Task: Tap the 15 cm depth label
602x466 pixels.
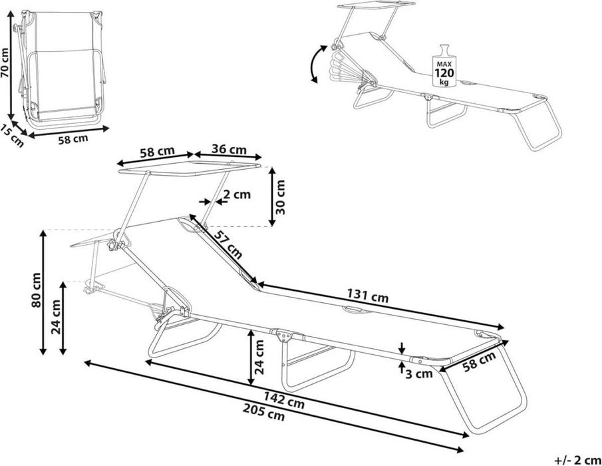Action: tap(12, 136)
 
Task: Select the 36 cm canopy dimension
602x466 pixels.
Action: tap(229, 149)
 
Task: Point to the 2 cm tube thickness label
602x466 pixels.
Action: tap(237, 194)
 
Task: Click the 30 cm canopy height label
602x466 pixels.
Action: tap(281, 197)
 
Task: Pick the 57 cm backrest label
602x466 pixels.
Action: tap(228, 244)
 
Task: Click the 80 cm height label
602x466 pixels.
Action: tap(37, 290)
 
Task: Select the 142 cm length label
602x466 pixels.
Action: tap(284, 400)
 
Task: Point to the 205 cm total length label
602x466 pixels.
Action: tap(264, 413)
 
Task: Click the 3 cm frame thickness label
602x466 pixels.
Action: tap(419, 373)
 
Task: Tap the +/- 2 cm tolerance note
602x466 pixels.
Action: tap(578, 460)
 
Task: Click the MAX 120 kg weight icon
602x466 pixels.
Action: tap(444, 66)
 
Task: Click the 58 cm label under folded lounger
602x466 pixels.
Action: tap(73, 138)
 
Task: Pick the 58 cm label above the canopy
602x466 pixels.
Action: tap(157, 152)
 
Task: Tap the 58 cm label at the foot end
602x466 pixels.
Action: tap(479, 361)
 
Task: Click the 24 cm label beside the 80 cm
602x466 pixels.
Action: tap(56, 317)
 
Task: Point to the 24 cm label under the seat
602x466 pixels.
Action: tap(259, 357)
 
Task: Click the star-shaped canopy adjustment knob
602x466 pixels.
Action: tap(114, 245)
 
